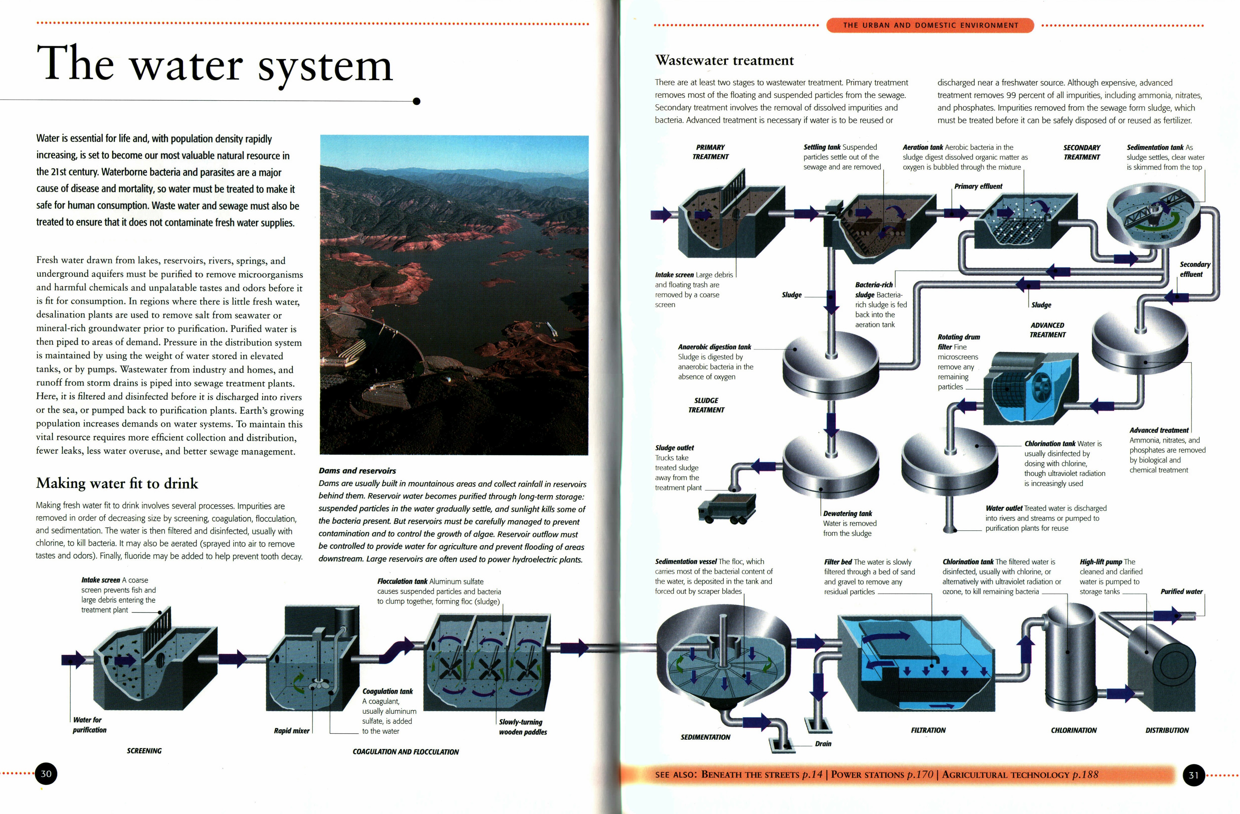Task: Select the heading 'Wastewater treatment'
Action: click(724, 61)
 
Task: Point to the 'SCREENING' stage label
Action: click(144, 751)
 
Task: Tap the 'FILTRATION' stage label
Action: click(928, 730)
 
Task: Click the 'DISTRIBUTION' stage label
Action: click(1167, 730)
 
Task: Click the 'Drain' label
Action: click(823, 744)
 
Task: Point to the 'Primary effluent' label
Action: click(978, 186)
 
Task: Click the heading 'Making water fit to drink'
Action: click(117, 483)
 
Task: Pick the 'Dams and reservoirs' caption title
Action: click(357, 470)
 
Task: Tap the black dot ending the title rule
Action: click(416, 101)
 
